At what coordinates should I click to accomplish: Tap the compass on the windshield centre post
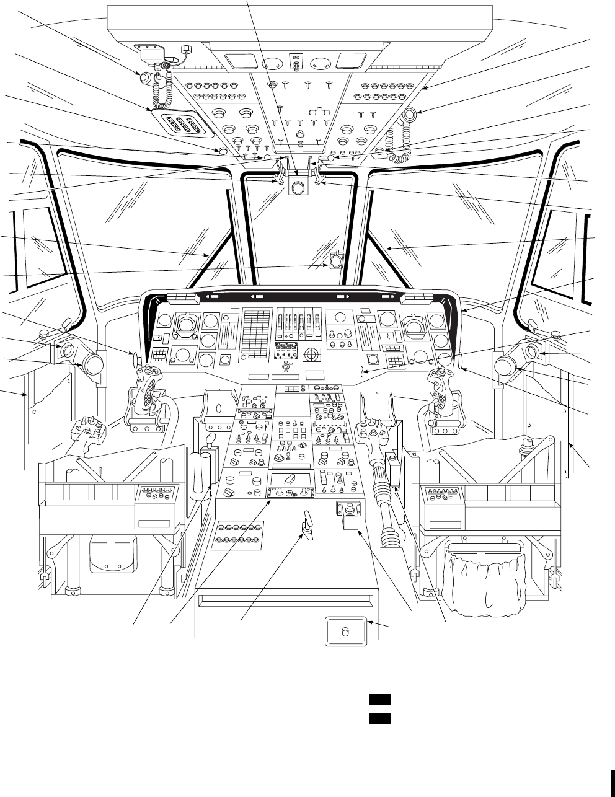[335, 261]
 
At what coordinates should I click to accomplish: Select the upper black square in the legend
[379, 700]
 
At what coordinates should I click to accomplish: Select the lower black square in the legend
[379, 718]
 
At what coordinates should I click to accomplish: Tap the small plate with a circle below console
[346, 632]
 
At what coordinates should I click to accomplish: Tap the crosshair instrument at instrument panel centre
[311, 355]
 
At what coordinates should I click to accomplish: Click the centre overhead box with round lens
[299, 187]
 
